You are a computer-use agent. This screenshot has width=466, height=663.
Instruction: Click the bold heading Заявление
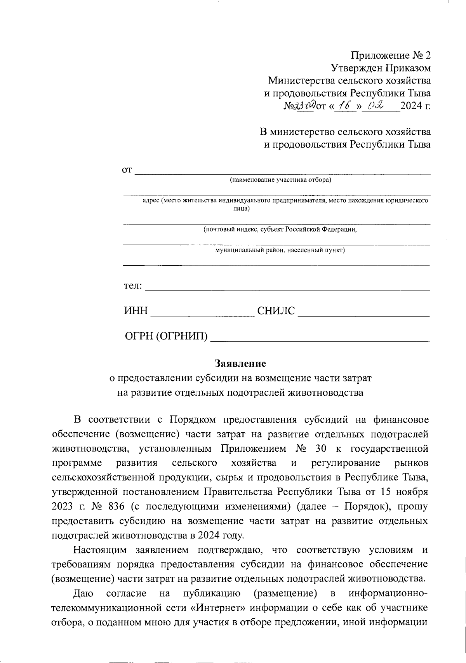tap(240, 364)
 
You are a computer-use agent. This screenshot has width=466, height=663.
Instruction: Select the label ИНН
tap(136, 311)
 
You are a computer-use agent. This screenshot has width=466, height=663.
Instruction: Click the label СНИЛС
tap(276, 311)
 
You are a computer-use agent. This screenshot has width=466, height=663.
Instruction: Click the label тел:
tap(133, 286)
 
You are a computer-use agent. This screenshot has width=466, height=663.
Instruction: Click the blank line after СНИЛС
tap(363, 315)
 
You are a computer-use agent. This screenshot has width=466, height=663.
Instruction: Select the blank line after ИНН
tap(202, 315)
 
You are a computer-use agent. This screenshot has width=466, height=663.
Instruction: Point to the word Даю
tap(83, 593)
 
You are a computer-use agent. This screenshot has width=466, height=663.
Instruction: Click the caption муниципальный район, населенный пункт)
tap(280, 250)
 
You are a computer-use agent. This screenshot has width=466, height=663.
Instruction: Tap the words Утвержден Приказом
tap(381, 68)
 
